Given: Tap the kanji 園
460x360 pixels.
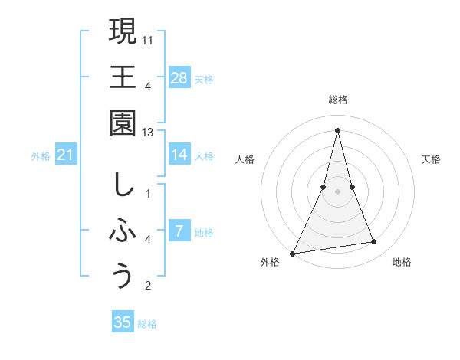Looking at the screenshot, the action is [x=123, y=123].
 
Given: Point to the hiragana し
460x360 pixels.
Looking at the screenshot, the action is [x=123, y=185].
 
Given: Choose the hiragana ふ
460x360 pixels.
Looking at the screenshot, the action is [x=123, y=231].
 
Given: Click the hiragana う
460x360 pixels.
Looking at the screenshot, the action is [x=123, y=276].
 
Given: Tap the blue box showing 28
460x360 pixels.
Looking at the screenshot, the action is [x=179, y=77].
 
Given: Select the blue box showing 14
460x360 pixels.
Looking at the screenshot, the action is [x=179, y=155].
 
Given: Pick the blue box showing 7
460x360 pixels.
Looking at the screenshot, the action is [x=179, y=231].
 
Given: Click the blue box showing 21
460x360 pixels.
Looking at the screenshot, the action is [x=66, y=155].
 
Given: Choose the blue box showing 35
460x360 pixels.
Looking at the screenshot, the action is [x=123, y=322].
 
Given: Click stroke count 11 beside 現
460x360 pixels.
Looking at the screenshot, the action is [x=149, y=38].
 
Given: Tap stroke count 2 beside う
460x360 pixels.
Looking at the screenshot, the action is [x=148, y=286].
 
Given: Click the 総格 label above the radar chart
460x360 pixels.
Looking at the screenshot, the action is [x=338, y=100].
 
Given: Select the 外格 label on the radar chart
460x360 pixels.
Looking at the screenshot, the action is [x=270, y=262].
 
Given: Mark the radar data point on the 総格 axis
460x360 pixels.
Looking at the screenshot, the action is [x=338, y=129].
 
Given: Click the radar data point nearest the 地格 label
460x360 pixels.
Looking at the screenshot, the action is [x=374, y=242].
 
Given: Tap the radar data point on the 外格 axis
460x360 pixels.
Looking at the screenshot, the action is [x=293, y=253].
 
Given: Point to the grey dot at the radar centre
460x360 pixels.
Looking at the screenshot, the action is [x=338, y=191].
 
